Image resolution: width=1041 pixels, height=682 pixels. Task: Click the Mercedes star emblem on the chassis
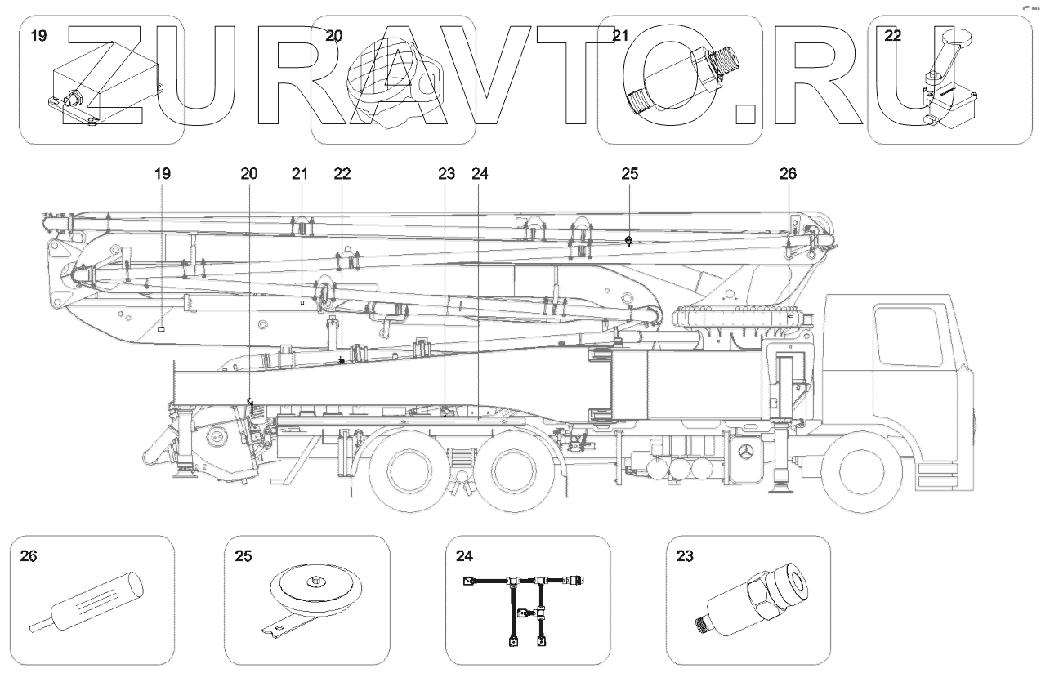click(745, 452)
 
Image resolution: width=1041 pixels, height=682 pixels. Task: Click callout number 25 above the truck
click(629, 174)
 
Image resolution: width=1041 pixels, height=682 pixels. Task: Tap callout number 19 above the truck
click(162, 174)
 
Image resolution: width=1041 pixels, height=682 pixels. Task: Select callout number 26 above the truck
click(788, 174)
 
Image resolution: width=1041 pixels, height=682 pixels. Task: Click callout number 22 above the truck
click(342, 174)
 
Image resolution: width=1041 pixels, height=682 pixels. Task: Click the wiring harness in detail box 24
click(523, 600)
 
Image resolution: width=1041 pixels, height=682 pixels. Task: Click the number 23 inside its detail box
click(684, 557)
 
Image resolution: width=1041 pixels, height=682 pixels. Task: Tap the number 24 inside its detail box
click(463, 557)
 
